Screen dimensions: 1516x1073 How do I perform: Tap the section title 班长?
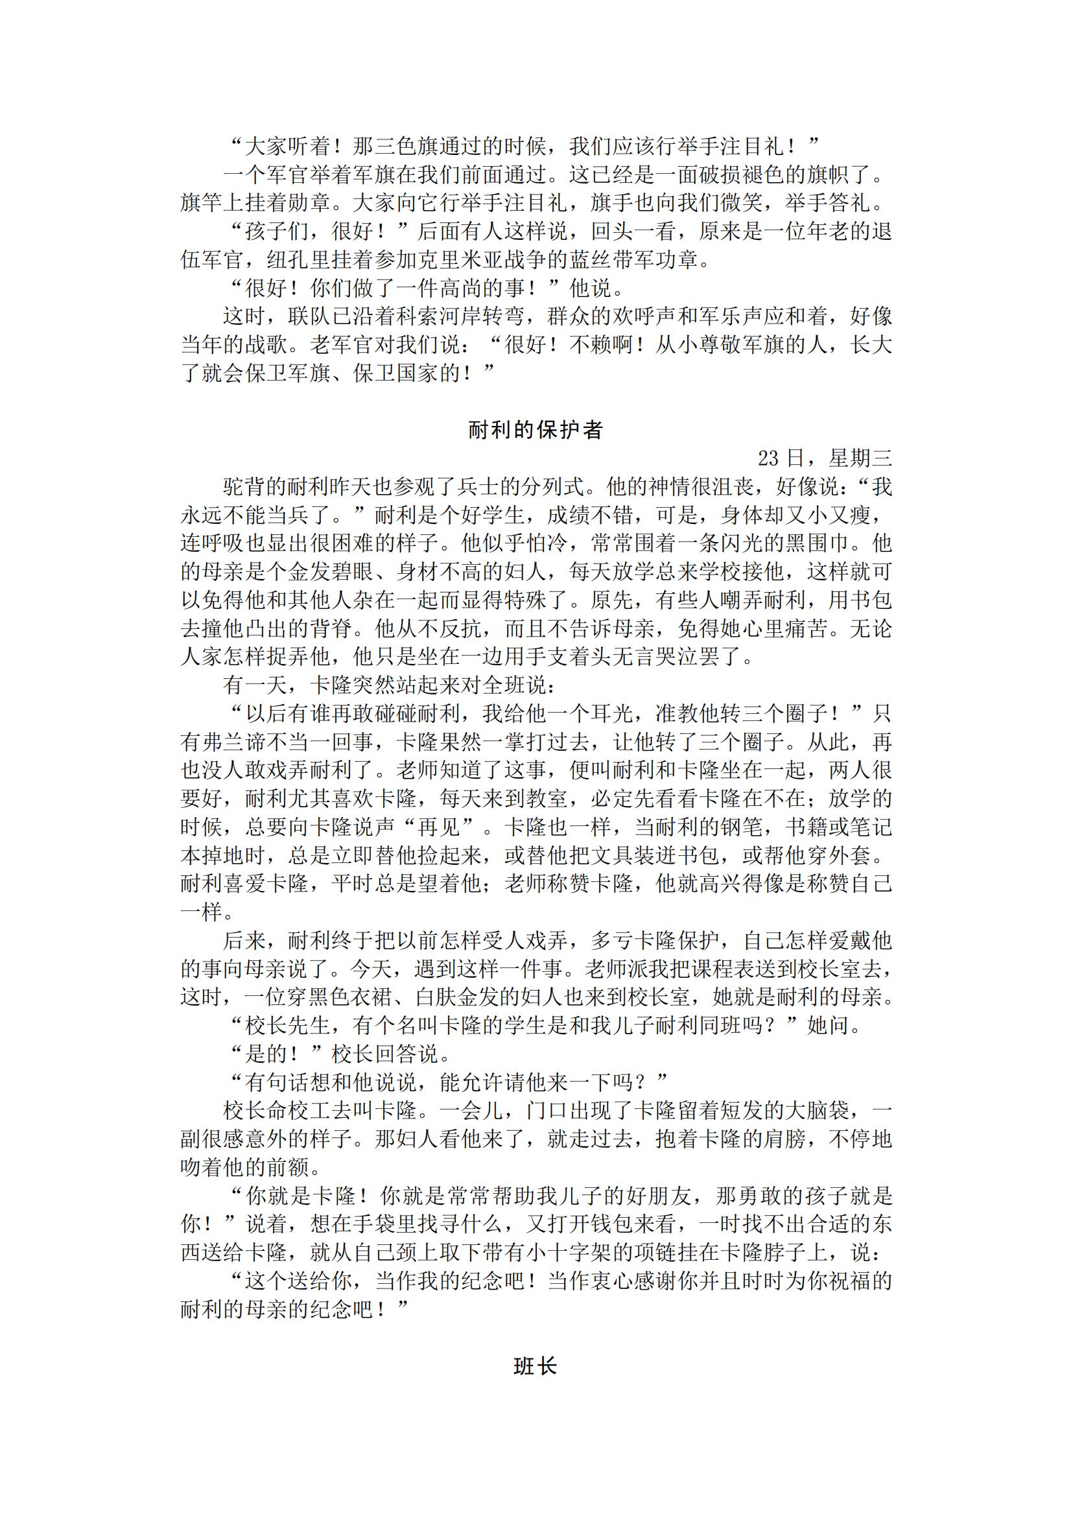pos(535,1366)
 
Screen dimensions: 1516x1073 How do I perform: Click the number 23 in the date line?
pos(770,458)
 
